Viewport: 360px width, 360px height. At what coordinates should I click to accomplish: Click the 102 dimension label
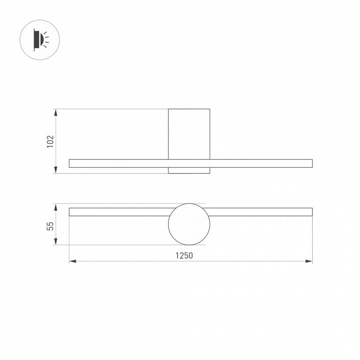(x=50, y=141)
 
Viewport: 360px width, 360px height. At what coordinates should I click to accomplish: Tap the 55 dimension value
(x=50, y=226)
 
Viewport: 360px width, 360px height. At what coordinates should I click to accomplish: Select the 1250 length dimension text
(x=184, y=256)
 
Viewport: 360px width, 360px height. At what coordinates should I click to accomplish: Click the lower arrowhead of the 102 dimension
(x=56, y=170)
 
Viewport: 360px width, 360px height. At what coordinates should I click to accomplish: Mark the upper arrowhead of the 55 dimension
(x=56, y=207)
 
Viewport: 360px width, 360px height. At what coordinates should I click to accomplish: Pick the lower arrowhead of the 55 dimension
(x=56, y=242)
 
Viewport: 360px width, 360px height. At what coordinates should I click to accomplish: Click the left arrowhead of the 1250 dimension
(x=73, y=261)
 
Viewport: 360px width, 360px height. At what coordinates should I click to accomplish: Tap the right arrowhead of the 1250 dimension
(x=309, y=261)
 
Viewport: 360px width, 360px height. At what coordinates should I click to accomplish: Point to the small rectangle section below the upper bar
(x=189, y=170)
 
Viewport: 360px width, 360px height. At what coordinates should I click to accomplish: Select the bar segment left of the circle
(x=119, y=212)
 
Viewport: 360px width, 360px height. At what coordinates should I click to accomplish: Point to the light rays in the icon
(x=46, y=39)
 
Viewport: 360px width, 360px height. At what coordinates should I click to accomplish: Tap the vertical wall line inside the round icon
(x=34, y=39)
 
